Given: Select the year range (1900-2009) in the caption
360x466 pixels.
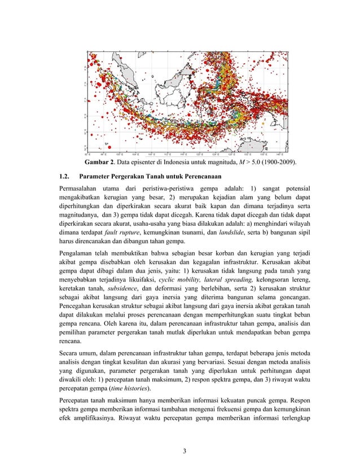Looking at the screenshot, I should click(x=278, y=162).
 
